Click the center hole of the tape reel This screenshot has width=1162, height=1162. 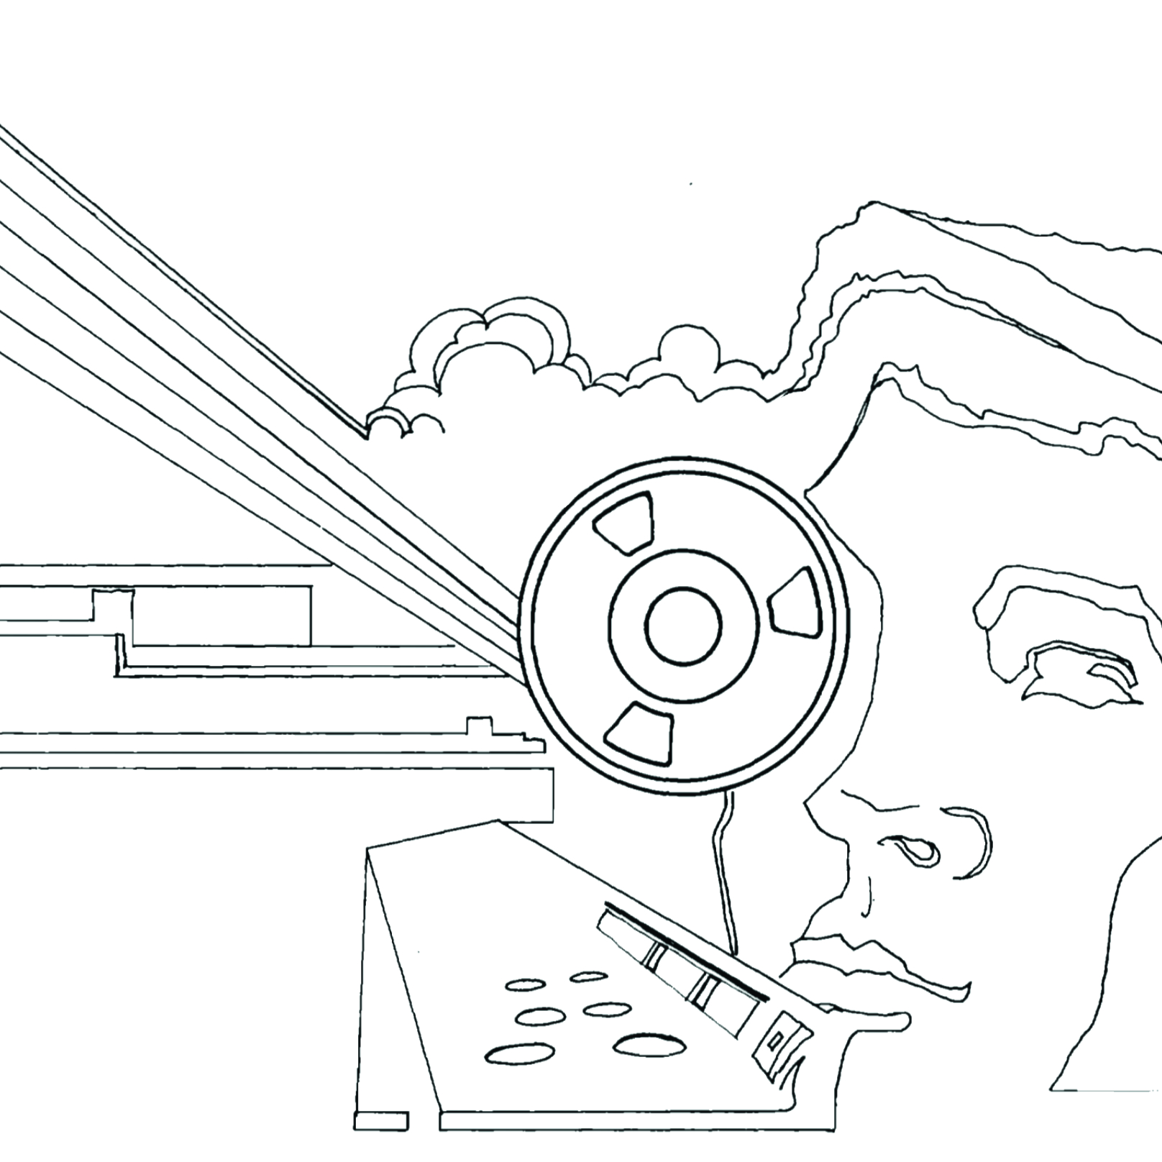(x=683, y=625)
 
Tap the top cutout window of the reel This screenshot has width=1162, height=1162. (x=623, y=523)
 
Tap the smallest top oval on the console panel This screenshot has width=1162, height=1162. (x=588, y=976)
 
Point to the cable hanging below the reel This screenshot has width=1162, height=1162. (x=723, y=863)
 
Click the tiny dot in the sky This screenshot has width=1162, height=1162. (x=691, y=185)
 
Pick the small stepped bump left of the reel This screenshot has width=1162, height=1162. (x=476, y=725)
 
